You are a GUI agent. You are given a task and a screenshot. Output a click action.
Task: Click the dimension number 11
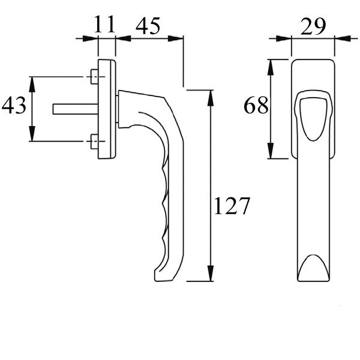click(104, 25)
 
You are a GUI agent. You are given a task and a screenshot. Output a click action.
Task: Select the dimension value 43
click(14, 106)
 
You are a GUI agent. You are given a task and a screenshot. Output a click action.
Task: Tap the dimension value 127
click(232, 207)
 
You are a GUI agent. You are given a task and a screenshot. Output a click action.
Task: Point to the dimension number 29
click(312, 25)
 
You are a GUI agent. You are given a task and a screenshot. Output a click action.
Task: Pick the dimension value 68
click(256, 106)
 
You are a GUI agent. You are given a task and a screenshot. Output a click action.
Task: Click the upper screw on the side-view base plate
click(93, 77)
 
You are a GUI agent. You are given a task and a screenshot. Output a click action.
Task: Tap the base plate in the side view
click(107, 109)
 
